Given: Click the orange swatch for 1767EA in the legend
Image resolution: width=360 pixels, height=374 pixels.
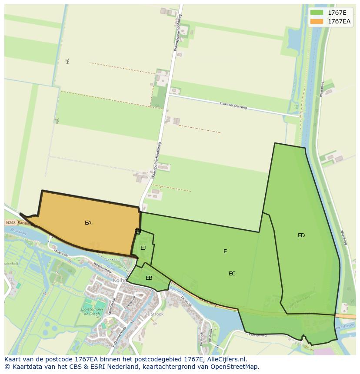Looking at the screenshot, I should tap(317, 21).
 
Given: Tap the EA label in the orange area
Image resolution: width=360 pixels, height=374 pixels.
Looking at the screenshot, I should tap(88, 223).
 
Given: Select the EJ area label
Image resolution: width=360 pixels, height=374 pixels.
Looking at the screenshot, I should tap(143, 248).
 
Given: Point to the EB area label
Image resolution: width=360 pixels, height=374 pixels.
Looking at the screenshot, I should tap(149, 278).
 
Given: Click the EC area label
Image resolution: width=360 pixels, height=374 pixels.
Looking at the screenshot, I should tap(232, 274).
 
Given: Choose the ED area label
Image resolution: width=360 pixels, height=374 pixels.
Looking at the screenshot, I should tap(301, 235).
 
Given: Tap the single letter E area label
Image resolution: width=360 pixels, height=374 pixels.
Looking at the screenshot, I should tap(225, 252).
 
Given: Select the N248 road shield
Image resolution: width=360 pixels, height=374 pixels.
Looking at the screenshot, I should tap(10, 222).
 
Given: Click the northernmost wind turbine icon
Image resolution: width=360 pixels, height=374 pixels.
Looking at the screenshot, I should tap(67, 61).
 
